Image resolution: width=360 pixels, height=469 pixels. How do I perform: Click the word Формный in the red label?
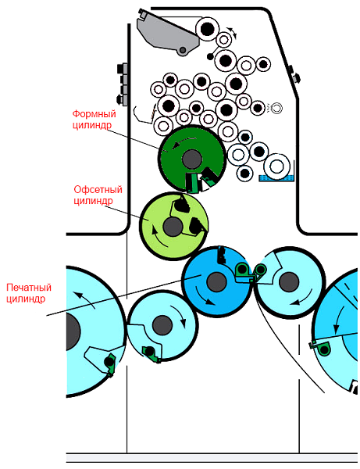94,114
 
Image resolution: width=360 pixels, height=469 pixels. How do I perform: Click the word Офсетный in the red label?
98,190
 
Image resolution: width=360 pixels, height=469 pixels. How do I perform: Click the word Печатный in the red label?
29,288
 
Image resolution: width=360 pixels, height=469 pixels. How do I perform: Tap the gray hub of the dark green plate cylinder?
191,159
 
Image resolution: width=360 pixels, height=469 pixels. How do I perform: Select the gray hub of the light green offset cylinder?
173,227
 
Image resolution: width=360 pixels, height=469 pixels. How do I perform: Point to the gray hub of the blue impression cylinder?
216,282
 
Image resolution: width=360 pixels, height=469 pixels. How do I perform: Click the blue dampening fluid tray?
276,178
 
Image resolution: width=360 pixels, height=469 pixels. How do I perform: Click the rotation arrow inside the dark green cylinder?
184,141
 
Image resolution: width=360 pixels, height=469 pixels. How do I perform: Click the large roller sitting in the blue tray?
277,166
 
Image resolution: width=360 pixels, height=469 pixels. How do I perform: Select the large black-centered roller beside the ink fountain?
208,29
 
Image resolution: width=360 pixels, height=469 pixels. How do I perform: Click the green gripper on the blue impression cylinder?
243,272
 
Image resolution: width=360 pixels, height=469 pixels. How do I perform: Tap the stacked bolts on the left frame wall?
123,84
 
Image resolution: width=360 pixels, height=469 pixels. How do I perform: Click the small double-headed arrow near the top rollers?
233,32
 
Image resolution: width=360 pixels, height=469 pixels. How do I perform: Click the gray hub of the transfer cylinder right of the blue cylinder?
289,282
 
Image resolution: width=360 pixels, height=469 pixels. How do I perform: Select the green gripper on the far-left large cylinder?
110,363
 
